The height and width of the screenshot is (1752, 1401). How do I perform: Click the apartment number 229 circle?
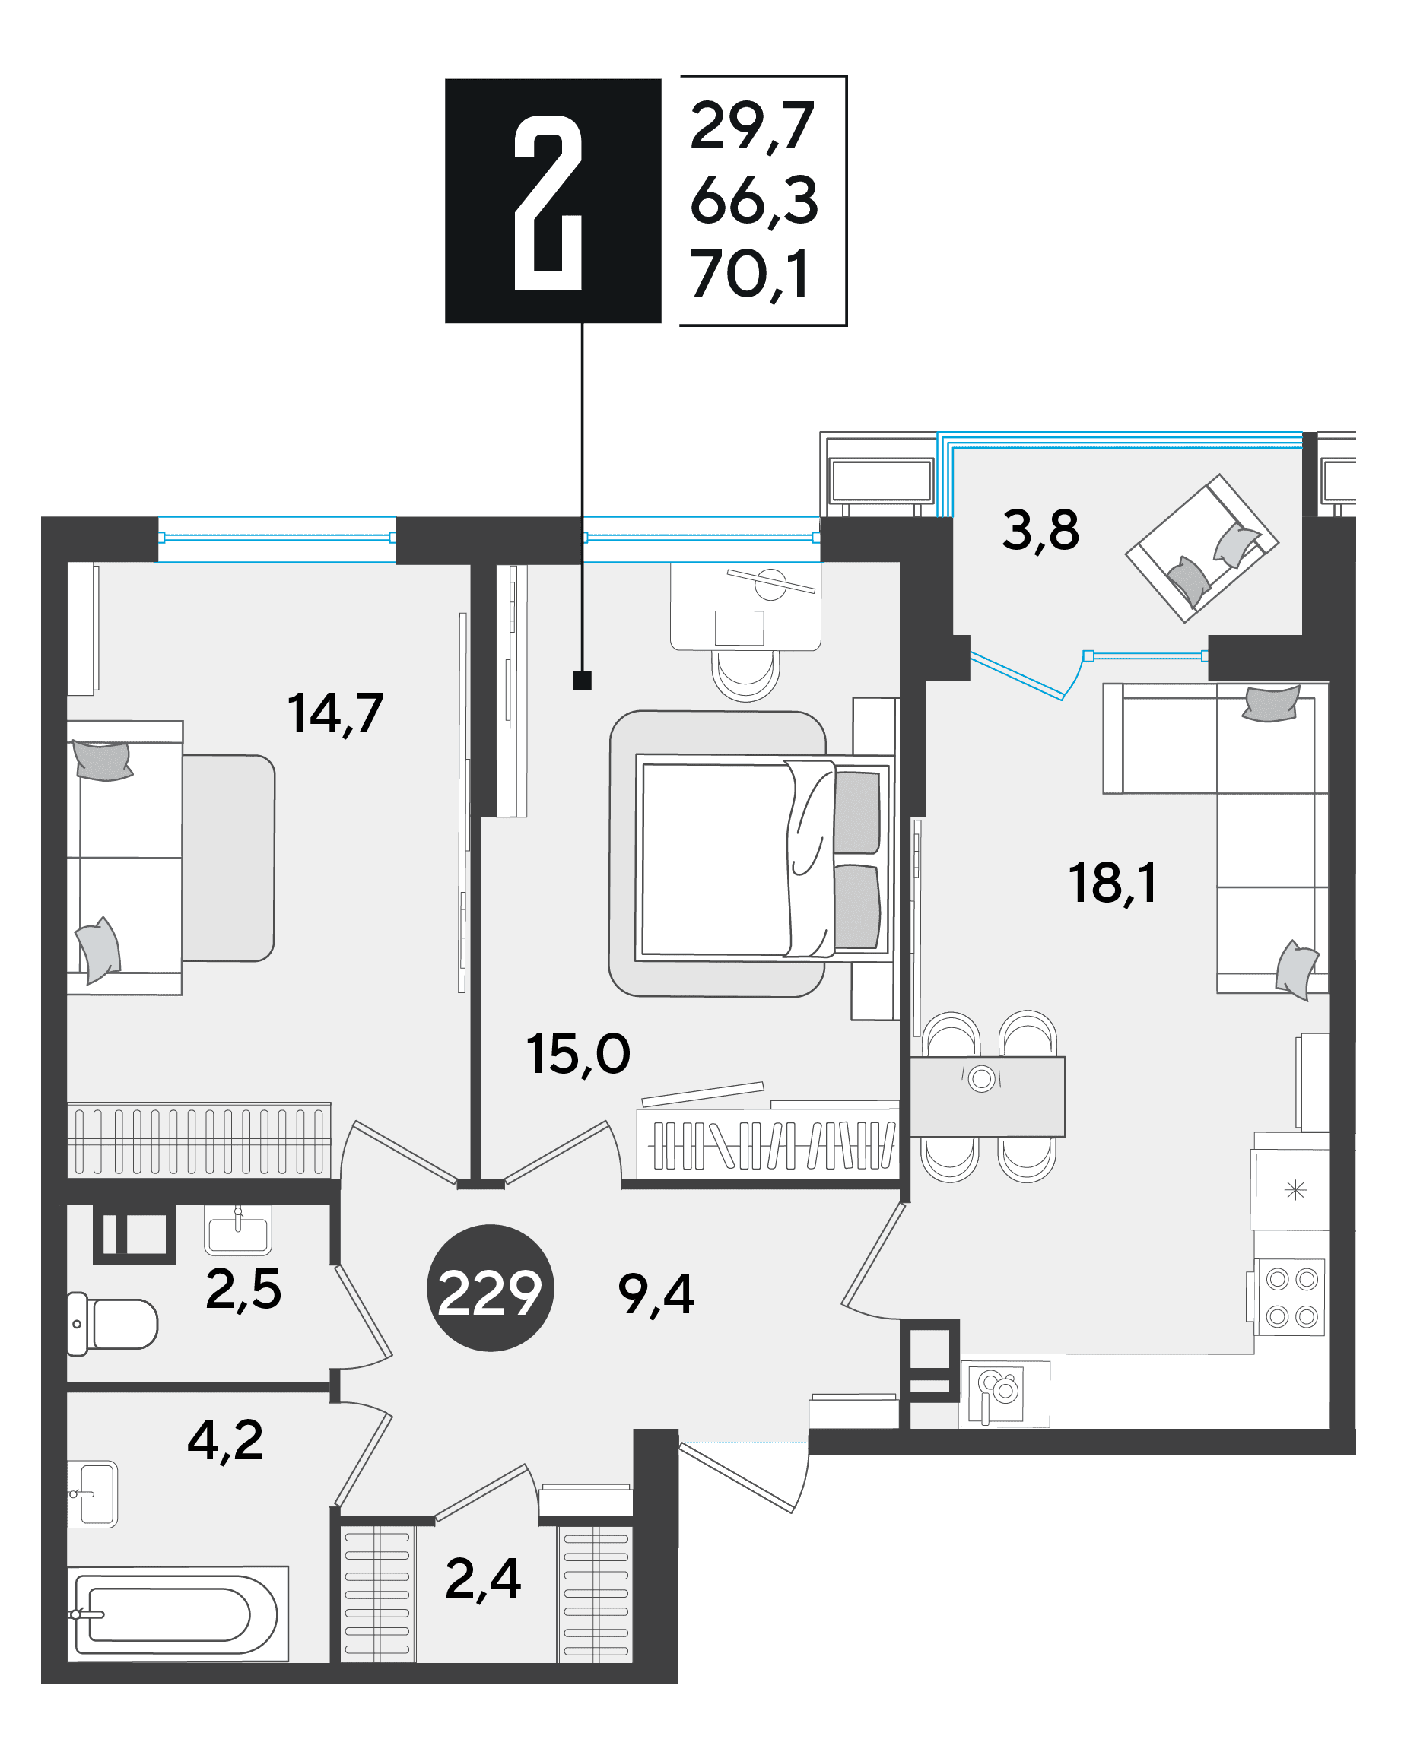pyautogui.click(x=490, y=1288)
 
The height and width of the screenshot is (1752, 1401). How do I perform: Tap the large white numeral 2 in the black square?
pyautogui.click(x=548, y=202)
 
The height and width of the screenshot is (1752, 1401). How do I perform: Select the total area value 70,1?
pyautogui.click(x=749, y=275)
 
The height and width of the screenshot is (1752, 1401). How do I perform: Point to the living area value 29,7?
pyautogui.click(x=751, y=127)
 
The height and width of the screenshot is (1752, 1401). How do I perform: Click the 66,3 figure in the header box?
pyautogui.click(x=755, y=201)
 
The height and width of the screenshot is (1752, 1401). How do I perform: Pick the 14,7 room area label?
pyautogui.click(x=335, y=714)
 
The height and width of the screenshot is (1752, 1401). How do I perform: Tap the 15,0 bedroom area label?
pyautogui.click(x=578, y=1055)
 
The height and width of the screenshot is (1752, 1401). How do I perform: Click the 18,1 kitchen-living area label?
pyautogui.click(x=1112, y=884)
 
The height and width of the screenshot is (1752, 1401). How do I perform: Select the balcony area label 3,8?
pyautogui.click(x=1040, y=531)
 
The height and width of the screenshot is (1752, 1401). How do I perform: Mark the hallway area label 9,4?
pyautogui.click(x=656, y=1294)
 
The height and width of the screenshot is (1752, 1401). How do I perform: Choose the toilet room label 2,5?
pyautogui.click(x=243, y=1290)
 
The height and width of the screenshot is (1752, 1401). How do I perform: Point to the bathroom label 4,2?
pyautogui.click(x=225, y=1441)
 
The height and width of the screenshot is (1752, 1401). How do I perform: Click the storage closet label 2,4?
pyautogui.click(x=483, y=1579)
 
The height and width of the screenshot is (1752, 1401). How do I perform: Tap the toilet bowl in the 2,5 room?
pyautogui.click(x=112, y=1324)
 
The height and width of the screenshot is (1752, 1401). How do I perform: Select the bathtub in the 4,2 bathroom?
pyautogui.click(x=176, y=1614)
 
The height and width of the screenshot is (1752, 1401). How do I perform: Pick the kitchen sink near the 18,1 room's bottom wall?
pyautogui.click(x=1005, y=1395)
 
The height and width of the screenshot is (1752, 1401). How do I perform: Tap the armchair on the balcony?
pyautogui.click(x=1202, y=549)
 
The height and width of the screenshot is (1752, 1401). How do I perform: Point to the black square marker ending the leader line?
pyautogui.click(x=582, y=680)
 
